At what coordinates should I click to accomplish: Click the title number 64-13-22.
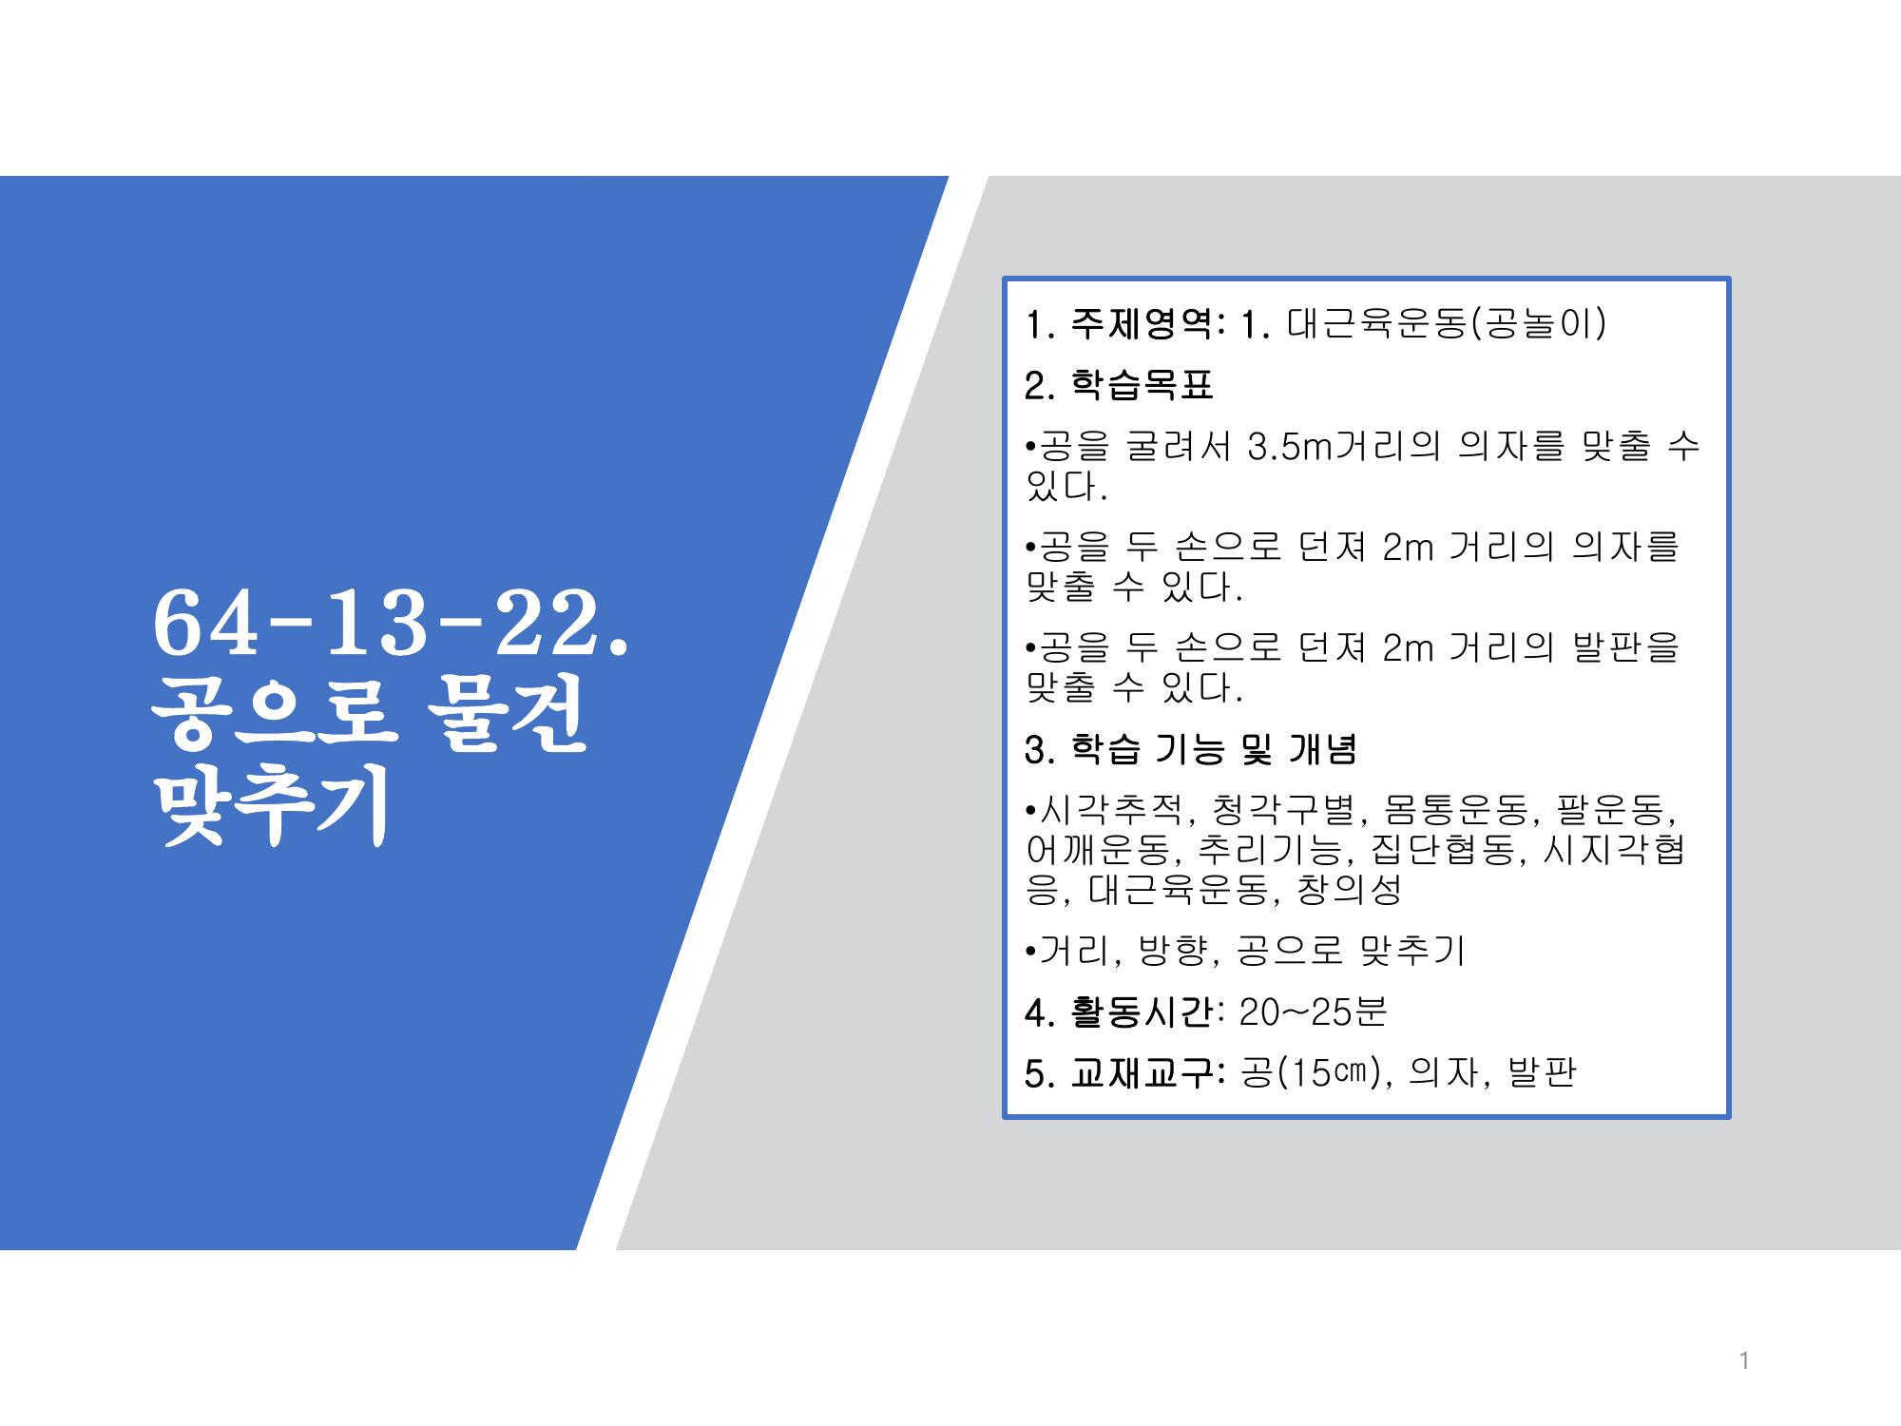click(x=390, y=624)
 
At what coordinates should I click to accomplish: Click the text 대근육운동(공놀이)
click(x=1446, y=324)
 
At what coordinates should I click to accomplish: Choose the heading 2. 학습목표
click(x=1120, y=385)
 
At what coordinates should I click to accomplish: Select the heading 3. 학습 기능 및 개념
click(x=1191, y=749)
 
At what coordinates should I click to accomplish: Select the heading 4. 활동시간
click(x=1120, y=1012)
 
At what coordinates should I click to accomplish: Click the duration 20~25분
click(x=1314, y=1012)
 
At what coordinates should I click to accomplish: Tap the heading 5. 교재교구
click(x=1120, y=1072)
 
